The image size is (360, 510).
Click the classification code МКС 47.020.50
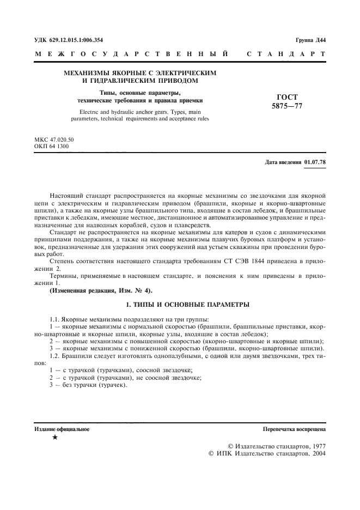54,139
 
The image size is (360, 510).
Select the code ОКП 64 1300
52,146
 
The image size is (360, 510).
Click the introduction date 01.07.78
314,162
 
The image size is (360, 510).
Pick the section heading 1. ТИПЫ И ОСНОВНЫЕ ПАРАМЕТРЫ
180,303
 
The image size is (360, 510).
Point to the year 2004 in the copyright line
315,453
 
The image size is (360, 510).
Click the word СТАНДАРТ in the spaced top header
286,54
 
